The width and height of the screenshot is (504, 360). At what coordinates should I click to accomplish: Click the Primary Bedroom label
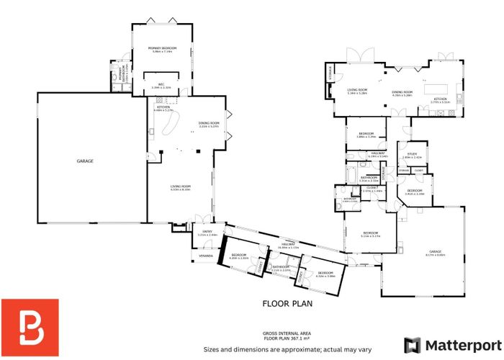(162, 49)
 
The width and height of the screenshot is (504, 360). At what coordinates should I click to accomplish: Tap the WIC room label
(162, 85)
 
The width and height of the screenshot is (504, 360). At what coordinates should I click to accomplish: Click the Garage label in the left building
(85, 161)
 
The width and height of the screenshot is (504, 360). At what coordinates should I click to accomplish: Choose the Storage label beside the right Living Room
(330, 73)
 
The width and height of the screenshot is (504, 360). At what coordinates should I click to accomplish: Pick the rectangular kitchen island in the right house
(438, 90)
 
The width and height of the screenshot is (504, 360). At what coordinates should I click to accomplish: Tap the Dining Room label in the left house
(209, 125)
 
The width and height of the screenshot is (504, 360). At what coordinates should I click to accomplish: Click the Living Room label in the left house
(180, 188)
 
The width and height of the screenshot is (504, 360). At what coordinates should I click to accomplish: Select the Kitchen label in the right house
(440, 99)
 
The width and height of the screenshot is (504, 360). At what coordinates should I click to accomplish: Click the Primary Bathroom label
(117, 75)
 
